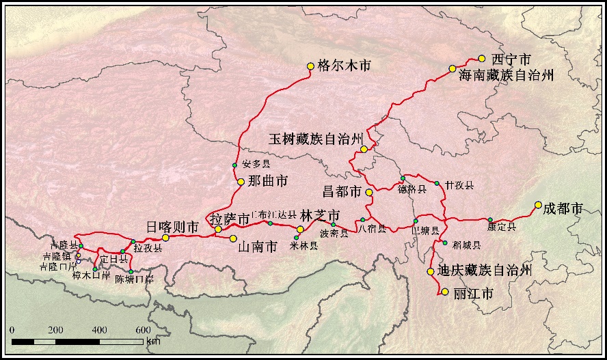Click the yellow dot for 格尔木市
310,66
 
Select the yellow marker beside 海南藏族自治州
453,68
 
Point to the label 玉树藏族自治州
315,139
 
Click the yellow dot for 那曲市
241,182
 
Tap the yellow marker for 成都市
538,205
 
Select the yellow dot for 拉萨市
218,230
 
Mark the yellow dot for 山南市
233,238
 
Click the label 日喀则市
172,226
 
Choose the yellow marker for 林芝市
300,230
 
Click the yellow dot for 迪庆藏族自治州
431,272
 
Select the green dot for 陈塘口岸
131,272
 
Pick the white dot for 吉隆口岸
78,262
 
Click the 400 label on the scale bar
100,330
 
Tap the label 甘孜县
459,185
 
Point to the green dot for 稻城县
445,243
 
